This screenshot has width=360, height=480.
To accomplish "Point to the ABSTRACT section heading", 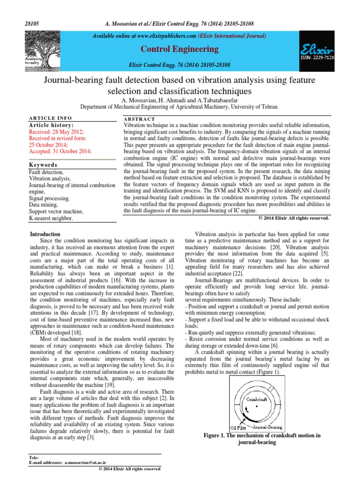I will (140, 119).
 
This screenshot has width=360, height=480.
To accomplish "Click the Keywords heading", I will (43, 165).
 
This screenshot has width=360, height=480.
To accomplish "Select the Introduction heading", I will (45, 234).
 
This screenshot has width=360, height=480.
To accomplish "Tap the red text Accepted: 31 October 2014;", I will (60, 151).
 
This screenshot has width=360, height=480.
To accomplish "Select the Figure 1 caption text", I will (262, 438).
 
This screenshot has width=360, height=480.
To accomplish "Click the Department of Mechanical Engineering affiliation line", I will (180, 107).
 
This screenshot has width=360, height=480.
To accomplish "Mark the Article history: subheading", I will (51, 126).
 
